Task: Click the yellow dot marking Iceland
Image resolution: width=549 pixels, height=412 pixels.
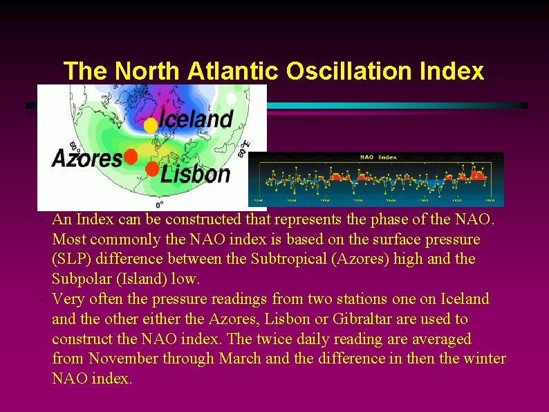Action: coord(150,125)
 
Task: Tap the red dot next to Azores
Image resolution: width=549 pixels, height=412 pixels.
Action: coord(130,157)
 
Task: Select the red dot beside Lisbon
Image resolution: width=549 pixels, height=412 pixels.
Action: coord(151,169)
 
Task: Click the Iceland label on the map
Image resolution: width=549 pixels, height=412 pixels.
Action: coord(196,119)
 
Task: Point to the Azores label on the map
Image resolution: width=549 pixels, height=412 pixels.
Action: coord(87,159)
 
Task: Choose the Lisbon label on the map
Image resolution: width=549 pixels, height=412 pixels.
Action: coord(196,173)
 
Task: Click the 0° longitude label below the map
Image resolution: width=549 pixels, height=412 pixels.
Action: coord(159,205)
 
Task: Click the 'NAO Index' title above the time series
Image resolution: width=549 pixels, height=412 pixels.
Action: coord(378,157)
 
